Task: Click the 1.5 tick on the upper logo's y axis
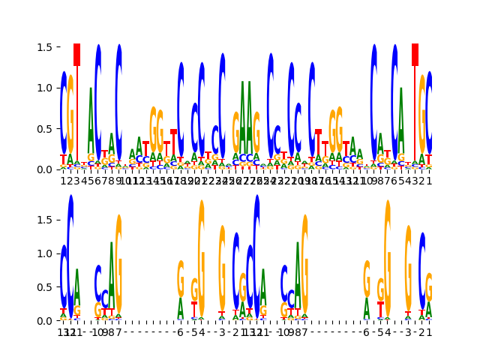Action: [44, 47]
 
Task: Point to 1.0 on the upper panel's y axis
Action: [44, 88]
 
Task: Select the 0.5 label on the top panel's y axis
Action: [44, 128]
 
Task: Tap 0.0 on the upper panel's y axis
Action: [44, 169]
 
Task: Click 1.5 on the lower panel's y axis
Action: [44, 220]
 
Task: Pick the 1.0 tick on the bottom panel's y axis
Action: [44, 253]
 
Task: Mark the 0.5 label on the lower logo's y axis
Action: [44, 287]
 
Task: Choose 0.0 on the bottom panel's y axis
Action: [44, 321]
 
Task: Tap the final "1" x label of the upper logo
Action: [429, 181]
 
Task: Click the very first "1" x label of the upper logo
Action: [63, 181]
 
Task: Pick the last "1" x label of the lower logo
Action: [429, 332]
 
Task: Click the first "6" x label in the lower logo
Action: [180, 332]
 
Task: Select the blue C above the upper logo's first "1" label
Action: [64, 112]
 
